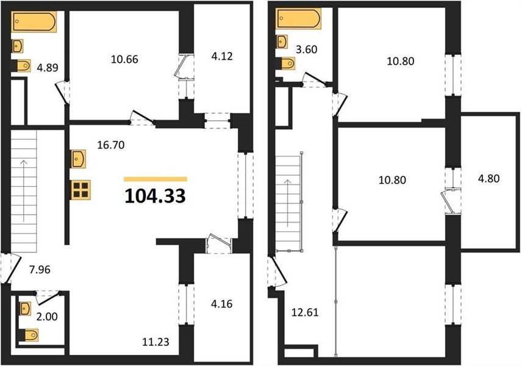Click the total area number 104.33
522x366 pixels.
[x=155, y=196]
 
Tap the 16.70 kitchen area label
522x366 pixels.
[x=111, y=145]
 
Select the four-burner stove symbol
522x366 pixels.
[x=80, y=190]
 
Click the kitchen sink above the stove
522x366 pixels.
[x=78, y=159]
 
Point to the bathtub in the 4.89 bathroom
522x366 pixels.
[x=34, y=22]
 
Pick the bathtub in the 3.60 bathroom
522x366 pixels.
[x=299, y=19]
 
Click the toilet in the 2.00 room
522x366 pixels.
[x=29, y=335]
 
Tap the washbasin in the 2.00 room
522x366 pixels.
[x=25, y=309]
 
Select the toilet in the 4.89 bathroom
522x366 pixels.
[x=21, y=66]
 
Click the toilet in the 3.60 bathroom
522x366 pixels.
[x=286, y=63]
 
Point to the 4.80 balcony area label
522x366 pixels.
[x=488, y=179]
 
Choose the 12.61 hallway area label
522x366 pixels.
[x=305, y=312]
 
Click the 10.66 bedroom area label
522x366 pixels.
[x=124, y=59]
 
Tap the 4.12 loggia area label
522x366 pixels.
[x=222, y=56]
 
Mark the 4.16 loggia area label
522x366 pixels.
[x=222, y=304]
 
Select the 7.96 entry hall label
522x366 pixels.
[x=40, y=269]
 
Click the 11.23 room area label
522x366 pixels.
[x=156, y=342]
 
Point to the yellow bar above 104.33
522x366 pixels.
[x=156, y=179]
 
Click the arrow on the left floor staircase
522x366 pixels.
[x=24, y=191]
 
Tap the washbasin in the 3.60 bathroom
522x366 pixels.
[x=282, y=41]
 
